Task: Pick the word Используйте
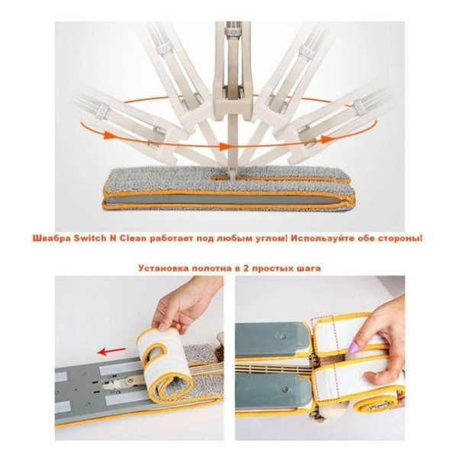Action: coord(324,239)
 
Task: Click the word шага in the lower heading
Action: coord(308,268)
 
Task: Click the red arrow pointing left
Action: coord(112,351)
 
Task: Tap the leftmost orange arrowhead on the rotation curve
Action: coord(109,136)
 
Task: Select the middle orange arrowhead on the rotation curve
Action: coord(224,147)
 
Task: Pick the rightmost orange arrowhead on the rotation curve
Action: coord(325,140)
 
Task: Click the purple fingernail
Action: coord(353,347)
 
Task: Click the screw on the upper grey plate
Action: coord(282,337)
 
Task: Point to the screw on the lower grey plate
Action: coord(285,389)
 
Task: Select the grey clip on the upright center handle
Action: coord(233,32)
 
